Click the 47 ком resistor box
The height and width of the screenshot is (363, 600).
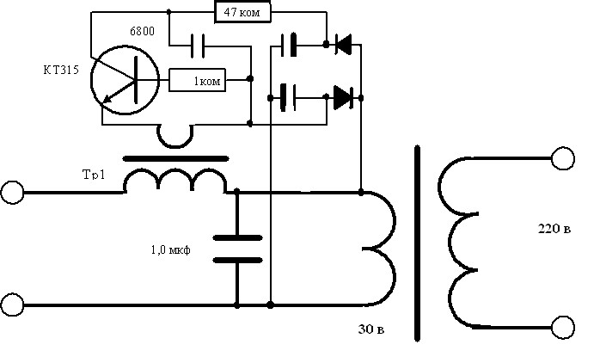point(242,12)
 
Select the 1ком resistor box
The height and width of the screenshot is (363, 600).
point(197,80)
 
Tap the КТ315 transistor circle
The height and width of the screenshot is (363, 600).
point(92,80)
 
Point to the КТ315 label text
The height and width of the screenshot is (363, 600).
point(61,70)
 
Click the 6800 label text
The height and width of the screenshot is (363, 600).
point(143,31)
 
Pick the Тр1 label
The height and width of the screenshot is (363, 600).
point(94,175)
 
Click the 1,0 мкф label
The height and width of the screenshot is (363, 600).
point(171,250)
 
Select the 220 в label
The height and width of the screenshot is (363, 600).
point(554,229)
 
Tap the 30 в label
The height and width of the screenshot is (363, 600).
point(371,329)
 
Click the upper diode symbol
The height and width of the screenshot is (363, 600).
point(343,45)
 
